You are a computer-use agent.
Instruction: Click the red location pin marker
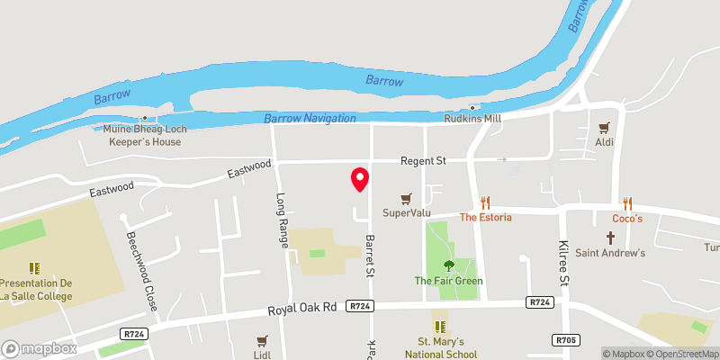[x=359, y=178]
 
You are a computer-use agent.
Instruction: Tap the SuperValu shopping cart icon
[x=407, y=198]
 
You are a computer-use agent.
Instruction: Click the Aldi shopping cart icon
[x=605, y=127]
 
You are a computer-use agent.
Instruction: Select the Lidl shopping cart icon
[x=263, y=341]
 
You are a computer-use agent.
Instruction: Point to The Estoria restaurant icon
[x=486, y=202]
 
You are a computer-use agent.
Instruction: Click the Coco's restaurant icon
[x=627, y=203]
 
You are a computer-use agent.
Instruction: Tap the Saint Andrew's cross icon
[x=610, y=238]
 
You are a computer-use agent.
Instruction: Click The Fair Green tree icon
[x=448, y=265]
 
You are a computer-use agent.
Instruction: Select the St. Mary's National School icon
[x=440, y=326]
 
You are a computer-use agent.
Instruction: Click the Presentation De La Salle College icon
[x=34, y=267]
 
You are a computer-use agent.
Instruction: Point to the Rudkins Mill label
[x=472, y=118]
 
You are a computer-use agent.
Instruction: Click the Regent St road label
[x=423, y=160]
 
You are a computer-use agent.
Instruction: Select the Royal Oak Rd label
[x=301, y=309]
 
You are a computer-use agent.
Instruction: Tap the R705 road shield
[x=565, y=339]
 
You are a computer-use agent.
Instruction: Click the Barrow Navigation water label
[x=310, y=119]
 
